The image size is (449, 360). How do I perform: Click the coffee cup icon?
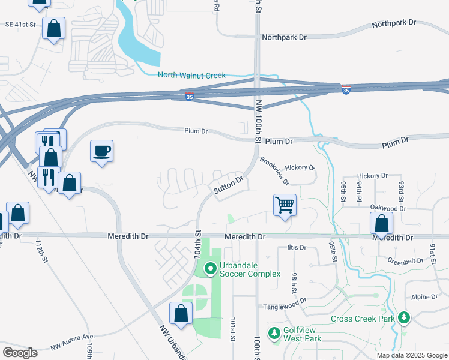tap(101, 151)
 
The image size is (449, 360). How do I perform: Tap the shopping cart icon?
tap(285, 205)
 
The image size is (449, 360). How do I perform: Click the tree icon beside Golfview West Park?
tap(274, 332)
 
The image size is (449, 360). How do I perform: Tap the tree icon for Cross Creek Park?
tap(405, 317)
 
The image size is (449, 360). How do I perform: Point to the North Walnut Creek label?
tap(191, 75)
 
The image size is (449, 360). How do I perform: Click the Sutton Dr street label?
tap(229, 184)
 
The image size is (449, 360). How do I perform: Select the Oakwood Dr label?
tap(388, 208)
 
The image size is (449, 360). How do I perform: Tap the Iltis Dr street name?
tap(297, 247)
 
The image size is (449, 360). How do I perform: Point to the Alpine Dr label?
tap(425, 297)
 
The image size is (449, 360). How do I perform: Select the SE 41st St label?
tap(20, 25)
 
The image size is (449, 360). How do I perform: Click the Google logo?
tap(20, 352)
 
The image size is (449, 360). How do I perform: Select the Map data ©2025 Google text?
tap(411, 355)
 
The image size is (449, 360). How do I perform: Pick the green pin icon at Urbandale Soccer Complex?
tap(210, 269)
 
